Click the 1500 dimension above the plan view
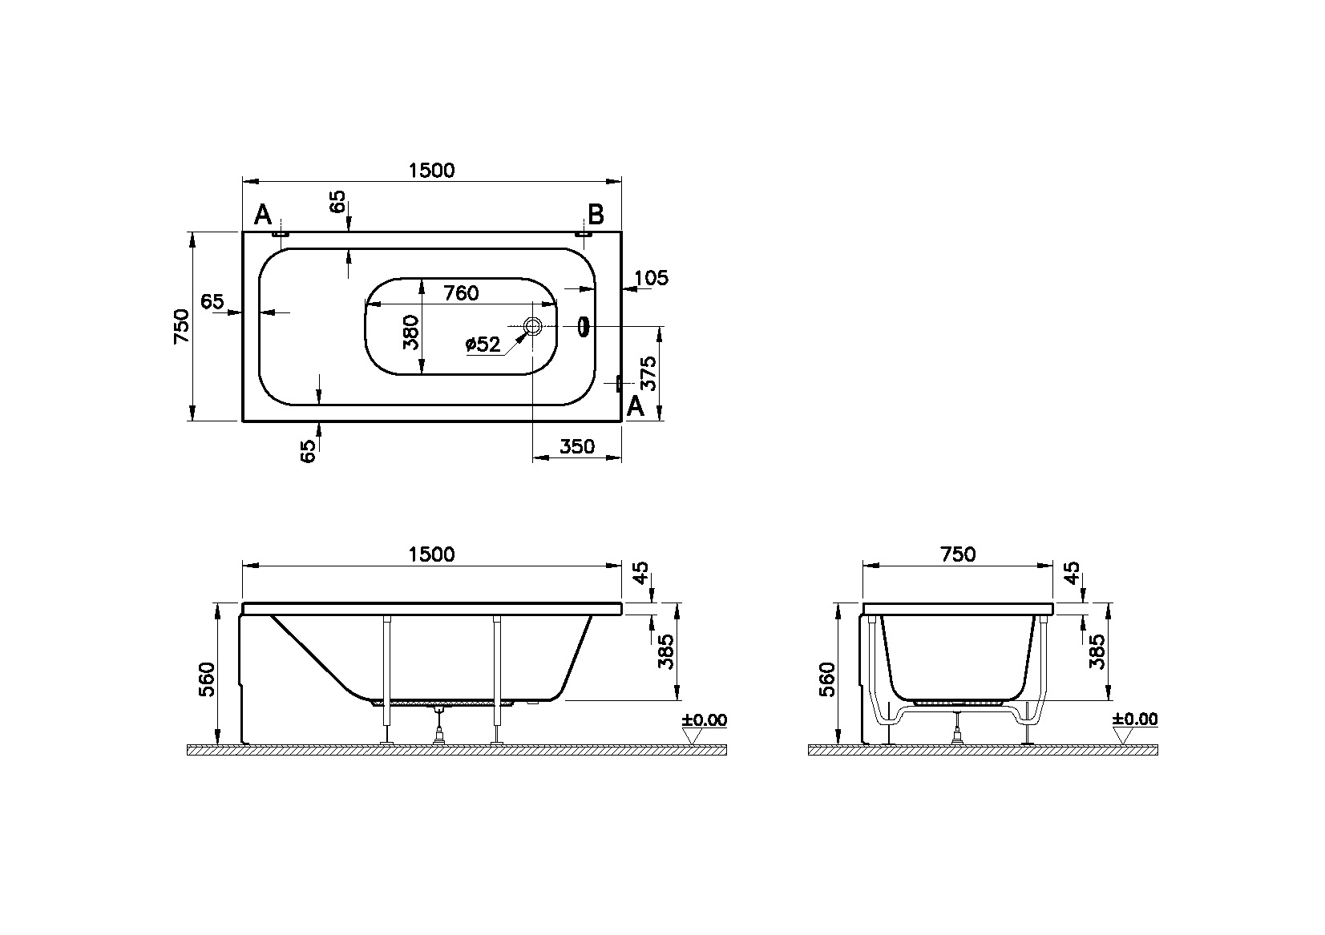click(431, 170)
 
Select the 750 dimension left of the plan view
click(183, 325)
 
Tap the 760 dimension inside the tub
click(460, 293)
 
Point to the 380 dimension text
click(411, 332)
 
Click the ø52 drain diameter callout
click(483, 345)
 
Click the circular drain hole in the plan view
click(533, 326)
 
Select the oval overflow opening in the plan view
click(584, 326)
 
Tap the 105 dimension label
click(651, 278)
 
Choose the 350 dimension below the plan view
click(577, 446)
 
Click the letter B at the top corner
click(596, 215)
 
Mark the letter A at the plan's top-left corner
click(263, 215)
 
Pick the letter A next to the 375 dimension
click(635, 407)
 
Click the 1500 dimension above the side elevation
click(431, 554)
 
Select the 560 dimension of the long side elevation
click(207, 679)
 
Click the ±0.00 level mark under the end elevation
click(1135, 719)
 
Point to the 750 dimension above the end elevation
click(958, 554)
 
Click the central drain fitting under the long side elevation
click(438, 725)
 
